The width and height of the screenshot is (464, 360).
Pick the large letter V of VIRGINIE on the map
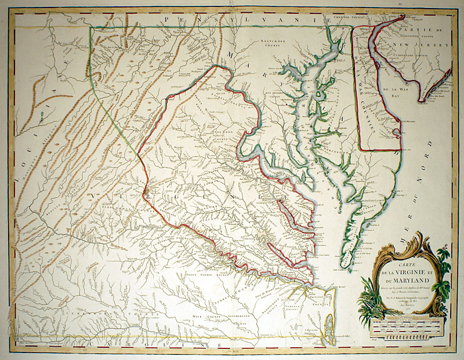point(92,198)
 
